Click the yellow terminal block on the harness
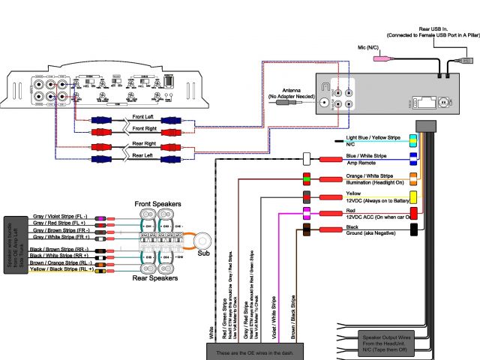(413, 196)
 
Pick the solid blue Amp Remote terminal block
(413, 158)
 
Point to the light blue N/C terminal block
(413, 139)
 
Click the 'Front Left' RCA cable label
(148, 117)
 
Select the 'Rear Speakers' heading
(156, 277)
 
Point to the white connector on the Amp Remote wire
(307, 159)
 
